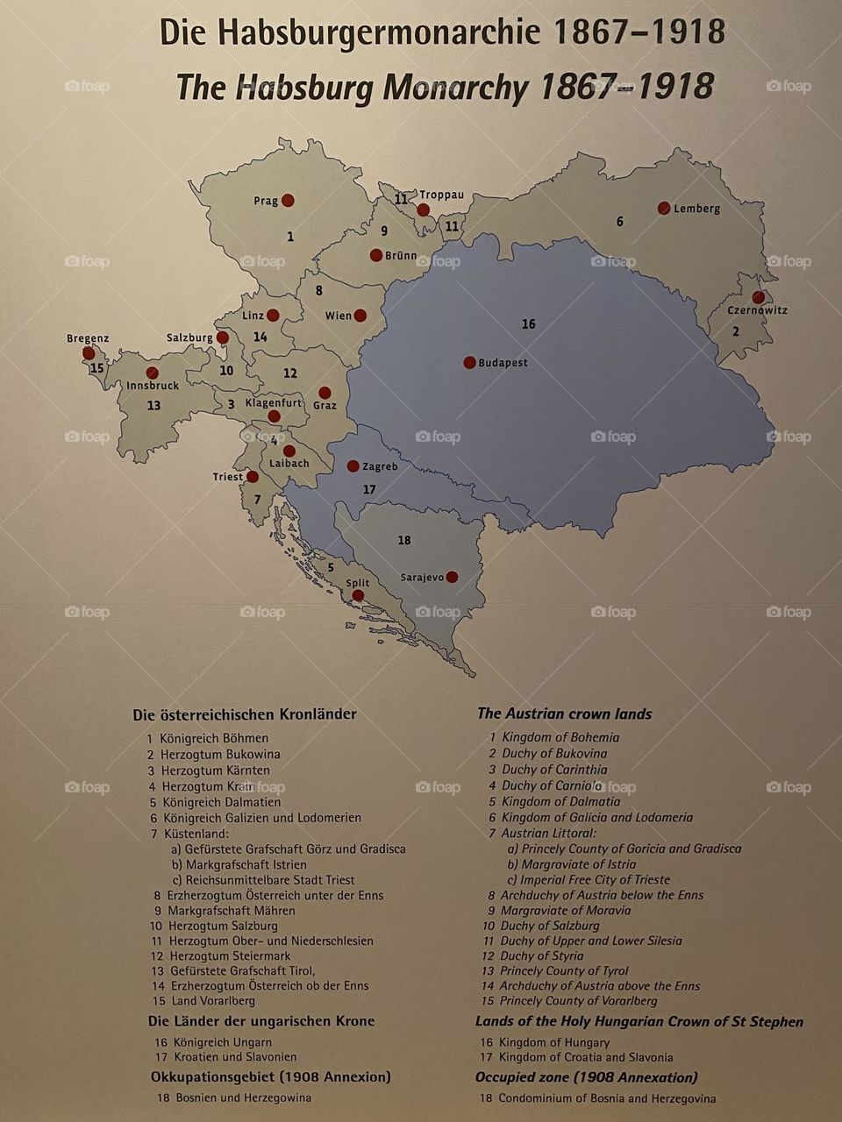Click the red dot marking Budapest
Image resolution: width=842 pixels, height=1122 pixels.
point(469,362)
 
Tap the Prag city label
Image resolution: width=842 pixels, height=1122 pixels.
point(266,201)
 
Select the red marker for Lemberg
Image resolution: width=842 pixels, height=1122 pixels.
point(664,208)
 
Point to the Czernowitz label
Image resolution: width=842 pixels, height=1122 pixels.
point(757,310)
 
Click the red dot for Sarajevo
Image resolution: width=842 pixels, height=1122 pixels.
point(452,577)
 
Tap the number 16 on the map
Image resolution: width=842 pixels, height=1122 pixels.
point(528,324)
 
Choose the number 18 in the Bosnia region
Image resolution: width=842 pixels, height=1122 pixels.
point(404,540)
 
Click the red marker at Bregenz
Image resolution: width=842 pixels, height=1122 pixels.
point(89,353)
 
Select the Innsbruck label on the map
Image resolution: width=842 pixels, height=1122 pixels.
point(153,386)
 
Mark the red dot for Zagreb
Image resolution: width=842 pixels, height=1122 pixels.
point(353,466)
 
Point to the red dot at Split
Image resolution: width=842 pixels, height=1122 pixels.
point(358,595)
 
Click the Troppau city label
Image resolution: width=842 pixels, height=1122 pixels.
point(441,195)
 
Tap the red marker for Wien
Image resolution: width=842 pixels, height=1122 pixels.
point(360,316)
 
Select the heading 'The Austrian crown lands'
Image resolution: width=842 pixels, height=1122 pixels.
point(564,714)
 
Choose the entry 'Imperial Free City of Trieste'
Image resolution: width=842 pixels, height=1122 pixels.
point(595,879)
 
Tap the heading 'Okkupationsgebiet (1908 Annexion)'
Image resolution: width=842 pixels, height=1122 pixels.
point(270,1076)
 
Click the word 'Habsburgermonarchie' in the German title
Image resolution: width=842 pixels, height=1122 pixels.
point(381,32)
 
